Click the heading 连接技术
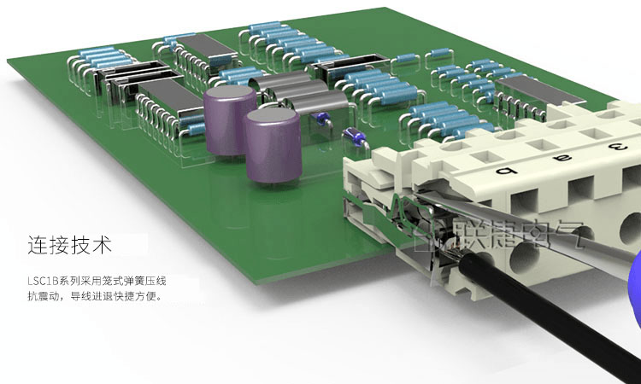pyautogui.click(x=69, y=245)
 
